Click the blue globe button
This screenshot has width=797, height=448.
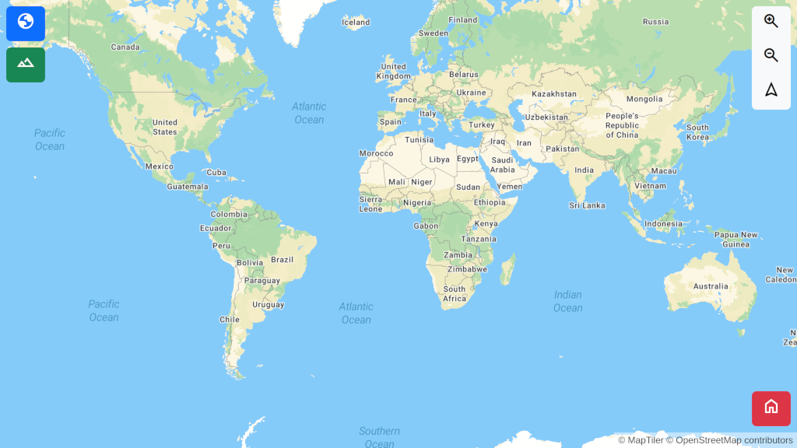(x=26, y=23)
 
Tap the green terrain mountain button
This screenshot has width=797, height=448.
(x=26, y=65)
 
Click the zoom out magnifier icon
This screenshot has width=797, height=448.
(x=771, y=55)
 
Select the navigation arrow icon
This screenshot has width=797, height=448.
(x=771, y=89)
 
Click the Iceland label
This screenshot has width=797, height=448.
(x=356, y=23)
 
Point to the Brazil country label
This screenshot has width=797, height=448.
(x=282, y=260)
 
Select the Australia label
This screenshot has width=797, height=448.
(x=711, y=286)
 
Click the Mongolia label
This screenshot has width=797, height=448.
(x=644, y=100)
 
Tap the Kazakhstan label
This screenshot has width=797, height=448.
(x=554, y=94)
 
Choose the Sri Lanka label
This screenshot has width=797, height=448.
(x=587, y=206)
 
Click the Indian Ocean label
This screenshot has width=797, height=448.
(x=567, y=301)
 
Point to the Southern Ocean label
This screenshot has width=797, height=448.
(x=379, y=437)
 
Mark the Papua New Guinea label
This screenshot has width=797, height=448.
(x=736, y=240)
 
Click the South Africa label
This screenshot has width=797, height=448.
(x=455, y=294)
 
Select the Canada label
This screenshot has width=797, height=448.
(x=125, y=47)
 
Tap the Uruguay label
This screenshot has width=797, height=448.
(x=269, y=305)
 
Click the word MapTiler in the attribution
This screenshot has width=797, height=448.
(x=645, y=440)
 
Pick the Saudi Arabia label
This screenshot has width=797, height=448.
(x=502, y=165)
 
